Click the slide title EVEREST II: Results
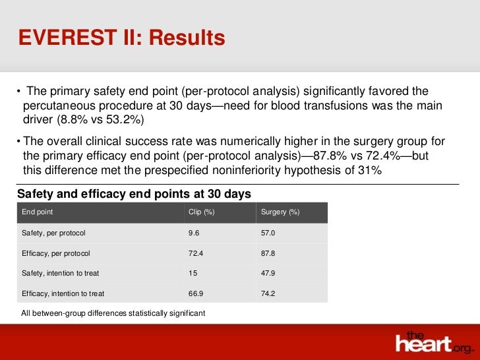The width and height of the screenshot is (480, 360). tap(121, 38)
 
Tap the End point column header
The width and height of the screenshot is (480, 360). tap(38, 212)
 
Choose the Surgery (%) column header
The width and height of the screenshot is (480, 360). tap(280, 212)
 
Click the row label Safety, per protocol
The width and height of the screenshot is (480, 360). tap(53, 233)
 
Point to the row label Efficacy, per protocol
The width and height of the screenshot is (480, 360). tap(55, 253)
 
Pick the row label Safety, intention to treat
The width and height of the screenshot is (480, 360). tap(61, 273)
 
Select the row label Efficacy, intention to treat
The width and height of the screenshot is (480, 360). tap(63, 293)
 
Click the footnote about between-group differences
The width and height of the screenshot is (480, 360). tap(113, 313)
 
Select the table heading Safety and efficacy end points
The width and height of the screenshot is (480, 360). tap(134, 194)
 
